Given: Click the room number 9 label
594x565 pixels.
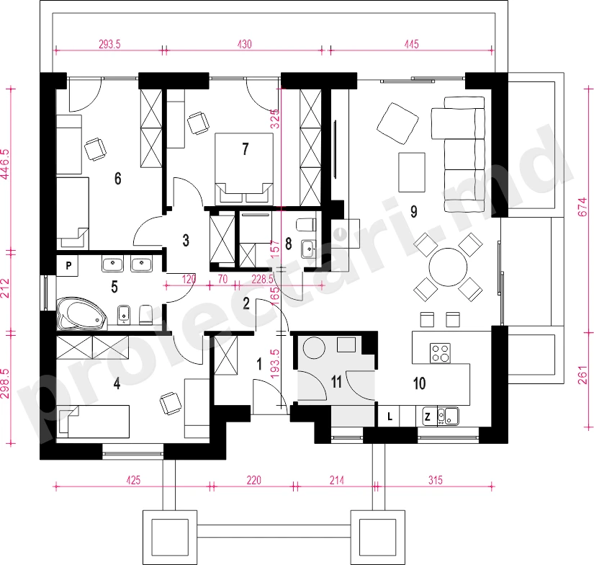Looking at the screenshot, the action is point(414,212).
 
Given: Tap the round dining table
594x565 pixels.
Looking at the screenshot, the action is point(448,267).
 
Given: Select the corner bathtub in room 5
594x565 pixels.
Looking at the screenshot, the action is point(82,314).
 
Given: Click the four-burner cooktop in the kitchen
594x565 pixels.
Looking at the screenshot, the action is point(440,353).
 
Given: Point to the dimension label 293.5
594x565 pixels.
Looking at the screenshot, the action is point(109,45).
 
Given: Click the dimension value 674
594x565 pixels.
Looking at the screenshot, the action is point(584,208).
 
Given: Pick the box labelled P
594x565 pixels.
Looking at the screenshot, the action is point(68,265).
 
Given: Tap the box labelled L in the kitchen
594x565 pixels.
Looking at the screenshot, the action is point(389,417).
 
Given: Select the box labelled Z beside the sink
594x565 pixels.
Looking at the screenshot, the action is point(427,417).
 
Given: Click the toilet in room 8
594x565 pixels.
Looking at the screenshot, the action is point(307,224).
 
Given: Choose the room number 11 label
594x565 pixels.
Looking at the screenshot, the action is point(337,382).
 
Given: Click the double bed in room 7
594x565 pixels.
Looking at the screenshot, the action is point(244,169).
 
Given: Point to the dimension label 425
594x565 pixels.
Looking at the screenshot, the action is point(133,481).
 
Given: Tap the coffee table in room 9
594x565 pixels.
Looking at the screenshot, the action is point(411,172).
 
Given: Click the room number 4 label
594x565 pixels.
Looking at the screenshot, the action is point(117,383).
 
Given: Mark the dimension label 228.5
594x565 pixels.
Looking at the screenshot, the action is point(262,280).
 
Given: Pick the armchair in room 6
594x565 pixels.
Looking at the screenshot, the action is point(95,149).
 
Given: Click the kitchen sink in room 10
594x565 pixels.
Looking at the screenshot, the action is point(448,417).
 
